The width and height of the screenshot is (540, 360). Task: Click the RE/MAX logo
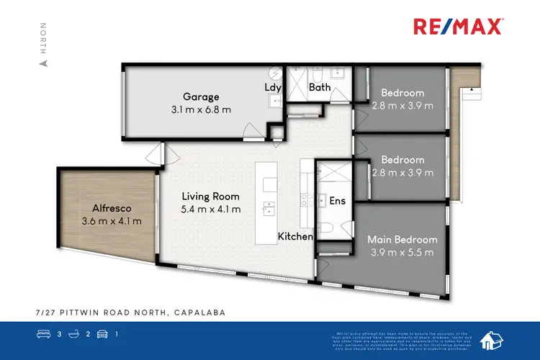pos(458,27)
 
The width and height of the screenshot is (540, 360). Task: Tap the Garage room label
pos(201,97)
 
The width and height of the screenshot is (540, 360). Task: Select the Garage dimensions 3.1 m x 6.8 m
pos(201,110)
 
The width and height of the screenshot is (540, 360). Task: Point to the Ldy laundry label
pos(274,88)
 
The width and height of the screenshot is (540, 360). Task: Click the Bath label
pos(320,88)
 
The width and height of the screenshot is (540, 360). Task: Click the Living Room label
pos(211,196)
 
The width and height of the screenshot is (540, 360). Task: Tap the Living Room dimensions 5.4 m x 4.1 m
pos(211,210)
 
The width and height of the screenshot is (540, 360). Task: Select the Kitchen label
pos(295,236)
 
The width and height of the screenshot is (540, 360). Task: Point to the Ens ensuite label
pos(337,202)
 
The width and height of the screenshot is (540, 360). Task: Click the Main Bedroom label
pos(402,239)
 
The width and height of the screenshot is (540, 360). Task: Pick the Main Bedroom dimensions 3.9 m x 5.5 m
pos(402,253)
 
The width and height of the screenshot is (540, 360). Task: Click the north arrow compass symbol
pos(43,63)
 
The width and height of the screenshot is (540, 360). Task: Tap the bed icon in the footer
pos(42,334)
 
